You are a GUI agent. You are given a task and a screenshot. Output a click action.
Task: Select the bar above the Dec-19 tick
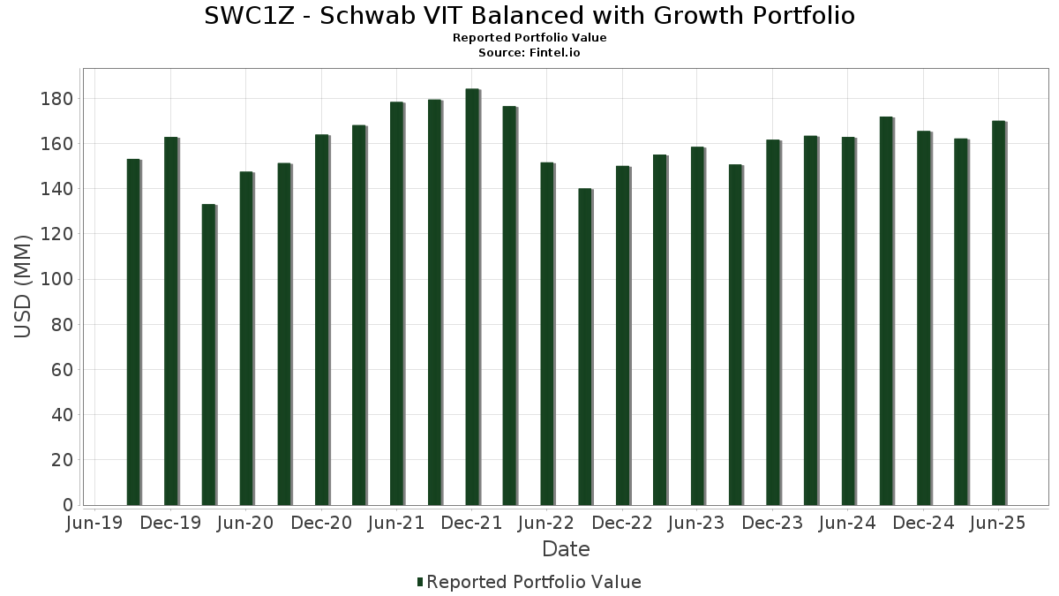click(x=171, y=321)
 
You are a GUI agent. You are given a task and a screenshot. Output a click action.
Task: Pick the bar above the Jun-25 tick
click(x=998, y=313)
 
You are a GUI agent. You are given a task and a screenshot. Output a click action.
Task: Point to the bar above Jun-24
click(x=848, y=321)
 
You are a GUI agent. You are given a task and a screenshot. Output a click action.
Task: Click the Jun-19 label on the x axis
click(x=94, y=524)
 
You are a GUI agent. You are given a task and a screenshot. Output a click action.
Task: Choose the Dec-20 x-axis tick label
click(x=321, y=524)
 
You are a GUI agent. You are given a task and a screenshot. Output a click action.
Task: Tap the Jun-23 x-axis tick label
click(x=697, y=524)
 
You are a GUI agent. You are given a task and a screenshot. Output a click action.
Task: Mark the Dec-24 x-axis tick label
click(x=923, y=524)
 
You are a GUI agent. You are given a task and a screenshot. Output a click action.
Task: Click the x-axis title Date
click(x=566, y=549)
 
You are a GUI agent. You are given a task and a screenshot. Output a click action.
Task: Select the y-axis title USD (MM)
click(x=24, y=286)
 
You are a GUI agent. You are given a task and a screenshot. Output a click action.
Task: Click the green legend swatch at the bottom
click(x=420, y=582)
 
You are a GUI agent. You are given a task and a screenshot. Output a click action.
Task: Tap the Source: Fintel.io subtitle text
click(x=529, y=53)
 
